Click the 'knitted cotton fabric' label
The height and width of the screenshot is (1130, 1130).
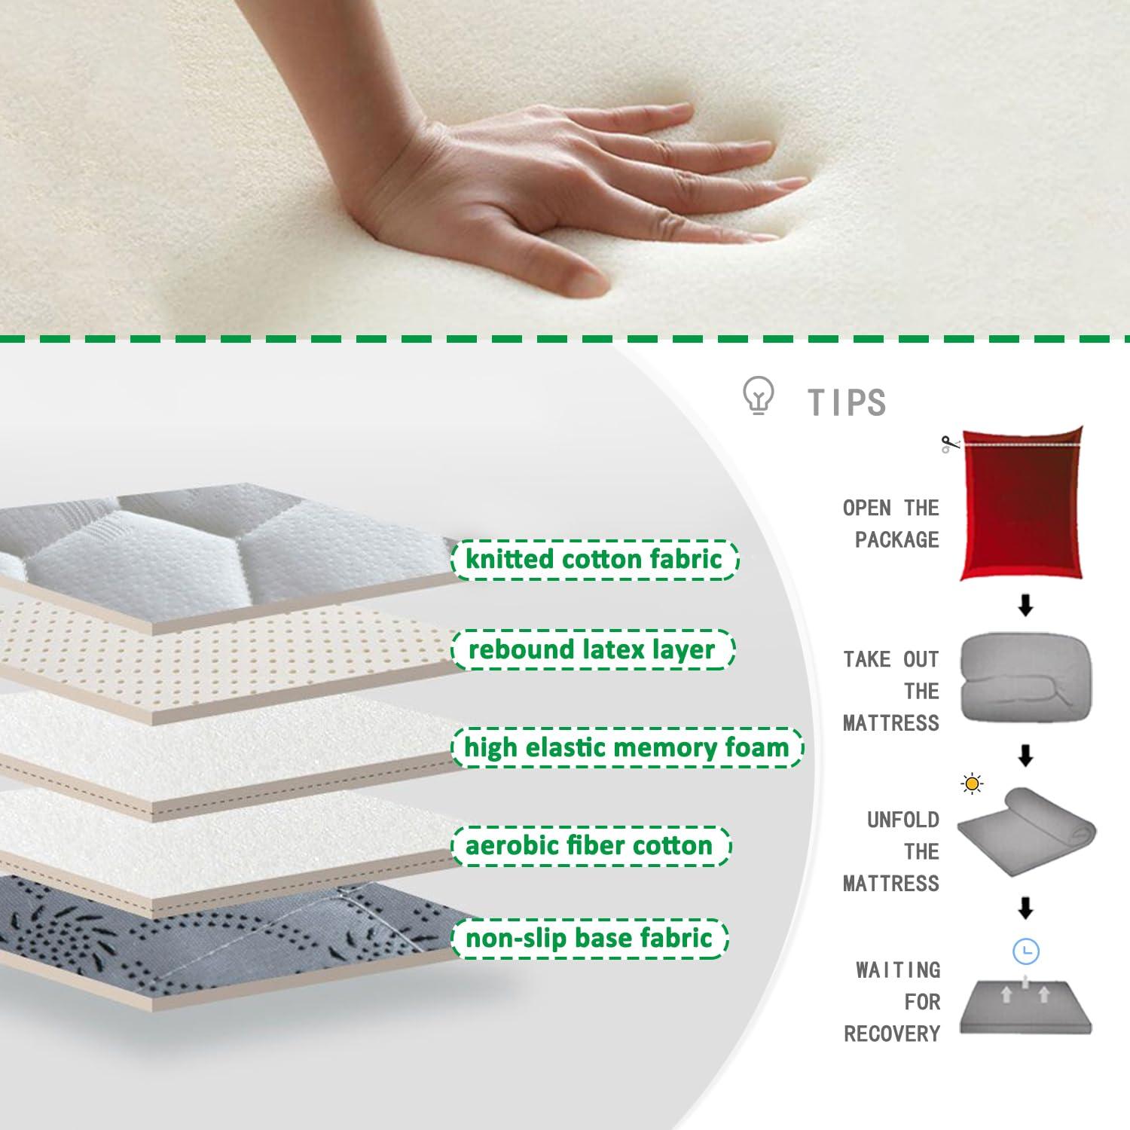pyautogui.click(x=594, y=560)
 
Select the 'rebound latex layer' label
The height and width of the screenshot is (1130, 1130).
pyautogui.click(x=591, y=649)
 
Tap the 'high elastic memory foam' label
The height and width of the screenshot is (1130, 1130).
pyautogui.click(x=626, y=747)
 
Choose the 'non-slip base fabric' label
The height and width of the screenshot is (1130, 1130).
pyautogui.click(x=589, y=938)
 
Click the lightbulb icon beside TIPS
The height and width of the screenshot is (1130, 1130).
pyautogui.click(x=758, y=396)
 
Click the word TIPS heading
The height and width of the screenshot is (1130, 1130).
pyautogui.click(x=847, y=402)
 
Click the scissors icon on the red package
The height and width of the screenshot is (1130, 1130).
pyautogui.click(x=950, y=444)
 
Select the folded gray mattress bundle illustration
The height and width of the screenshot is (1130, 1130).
pyautogui.click(x=1024, y=678)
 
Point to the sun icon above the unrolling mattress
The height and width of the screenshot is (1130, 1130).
pyautogui.click(x=973, y=784)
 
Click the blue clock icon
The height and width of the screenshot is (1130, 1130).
pyautogui.click(x=1025, y=952)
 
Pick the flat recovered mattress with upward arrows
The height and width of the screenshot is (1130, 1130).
pyautogui.click(x=1025, y=1008)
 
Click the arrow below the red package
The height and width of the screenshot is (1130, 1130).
pyautogui.click(x=1025, y=606)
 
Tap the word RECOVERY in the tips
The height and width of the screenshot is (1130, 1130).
pyautogui.click(x=892, y=1034)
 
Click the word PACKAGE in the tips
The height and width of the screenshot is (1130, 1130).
pyautogui.click(x=896, y=539)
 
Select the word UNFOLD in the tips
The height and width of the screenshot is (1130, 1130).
pyautogui.click(x=902, y=820)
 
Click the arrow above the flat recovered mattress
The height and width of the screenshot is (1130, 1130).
pyautogui.click(x=1025, y=909)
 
